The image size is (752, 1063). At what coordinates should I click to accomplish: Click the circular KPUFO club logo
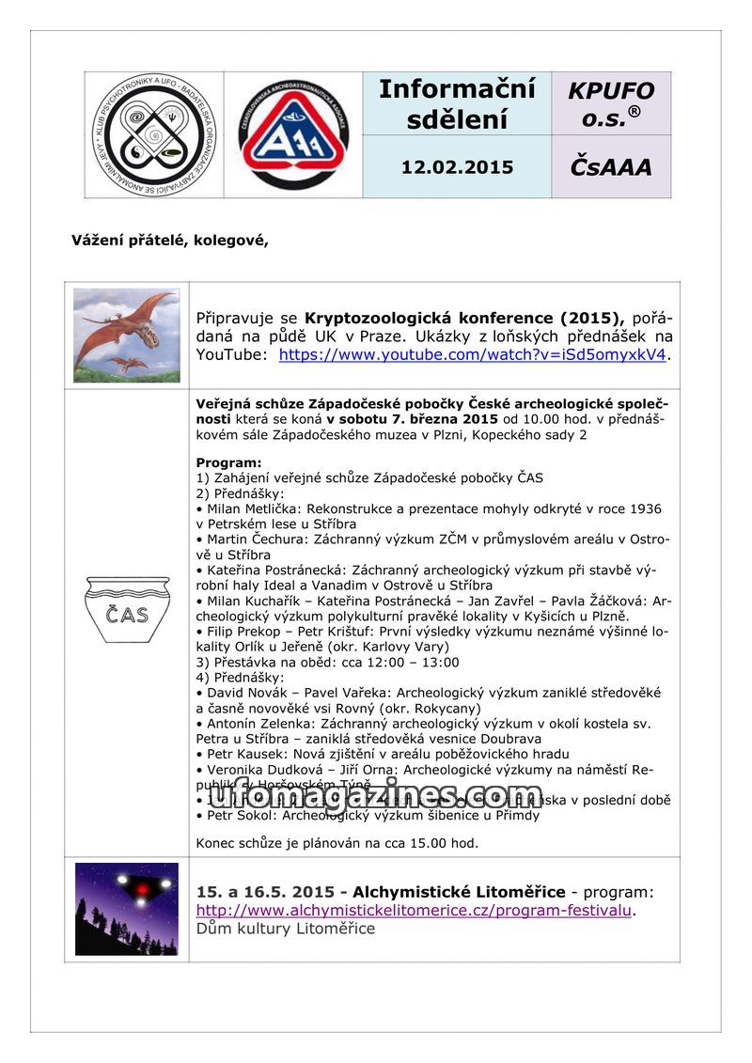[153, 135]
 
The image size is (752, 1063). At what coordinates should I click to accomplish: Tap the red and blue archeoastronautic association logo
[293, 135]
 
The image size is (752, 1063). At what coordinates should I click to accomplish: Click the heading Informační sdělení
[457, 103]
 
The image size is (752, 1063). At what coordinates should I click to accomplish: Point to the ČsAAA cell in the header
[611, 167]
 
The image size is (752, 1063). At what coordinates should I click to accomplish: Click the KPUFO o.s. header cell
[611, 103]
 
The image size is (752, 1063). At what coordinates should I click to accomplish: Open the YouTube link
[472, 354]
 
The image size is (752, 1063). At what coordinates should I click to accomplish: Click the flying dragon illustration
[126, 335]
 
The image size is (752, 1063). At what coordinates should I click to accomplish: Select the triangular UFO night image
[126, 909]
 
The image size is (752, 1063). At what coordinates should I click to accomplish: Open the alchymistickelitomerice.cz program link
[414, 910]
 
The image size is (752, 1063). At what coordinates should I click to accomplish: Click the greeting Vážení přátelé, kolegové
[170, 240]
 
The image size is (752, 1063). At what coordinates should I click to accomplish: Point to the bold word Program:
[228, 462]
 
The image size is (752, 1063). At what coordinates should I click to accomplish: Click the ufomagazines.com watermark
[375, 796]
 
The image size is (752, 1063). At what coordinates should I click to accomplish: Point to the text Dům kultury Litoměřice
[285, 929]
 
